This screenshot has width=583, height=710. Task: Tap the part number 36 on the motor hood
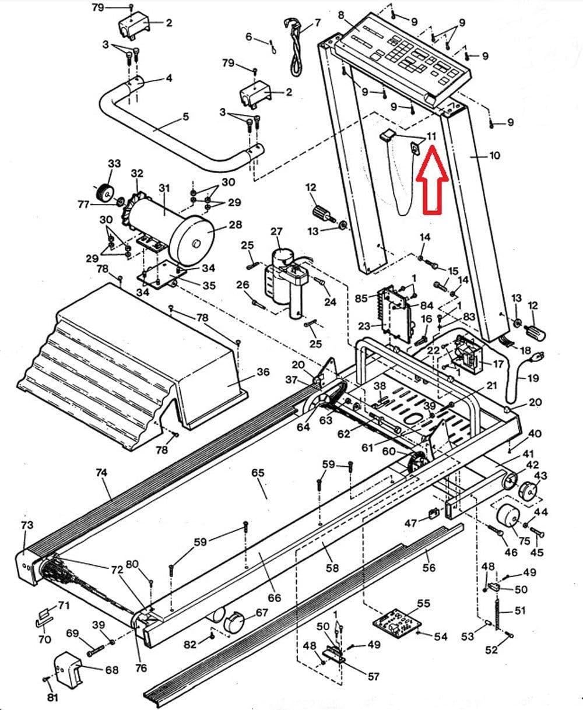263,372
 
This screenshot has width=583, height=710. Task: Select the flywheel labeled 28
192,240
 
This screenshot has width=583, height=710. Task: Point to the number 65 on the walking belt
258,473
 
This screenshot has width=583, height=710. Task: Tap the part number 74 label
101,472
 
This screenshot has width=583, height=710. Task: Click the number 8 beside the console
341,15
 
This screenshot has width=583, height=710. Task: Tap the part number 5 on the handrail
185,117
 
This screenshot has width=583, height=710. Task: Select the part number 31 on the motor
164,188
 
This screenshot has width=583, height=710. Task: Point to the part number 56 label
429,568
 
